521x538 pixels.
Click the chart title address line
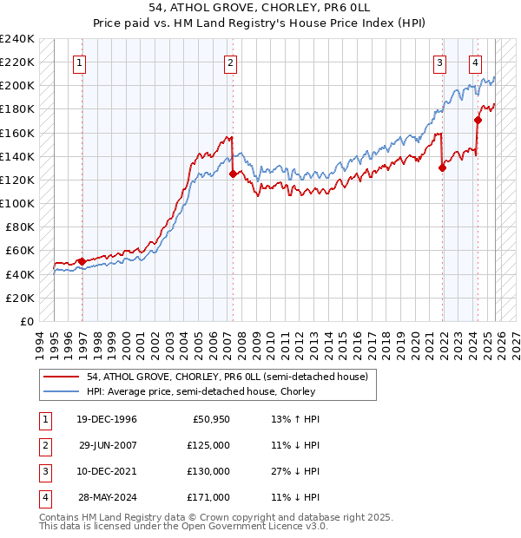point(260,9)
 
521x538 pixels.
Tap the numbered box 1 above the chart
point(79,62)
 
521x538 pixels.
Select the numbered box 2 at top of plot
point(230,62)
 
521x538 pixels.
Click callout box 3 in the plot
point(440,62)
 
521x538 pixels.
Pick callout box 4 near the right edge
point(476,62)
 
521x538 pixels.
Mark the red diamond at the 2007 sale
point(233,174)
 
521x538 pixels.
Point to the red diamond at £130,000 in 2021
point(442,168)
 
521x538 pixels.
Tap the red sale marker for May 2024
point(478,120)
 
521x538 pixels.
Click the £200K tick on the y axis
point(17,86)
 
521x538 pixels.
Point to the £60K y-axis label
point(20,251)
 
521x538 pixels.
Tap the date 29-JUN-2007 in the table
point(108,445)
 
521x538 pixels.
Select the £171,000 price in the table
point(208,497)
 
